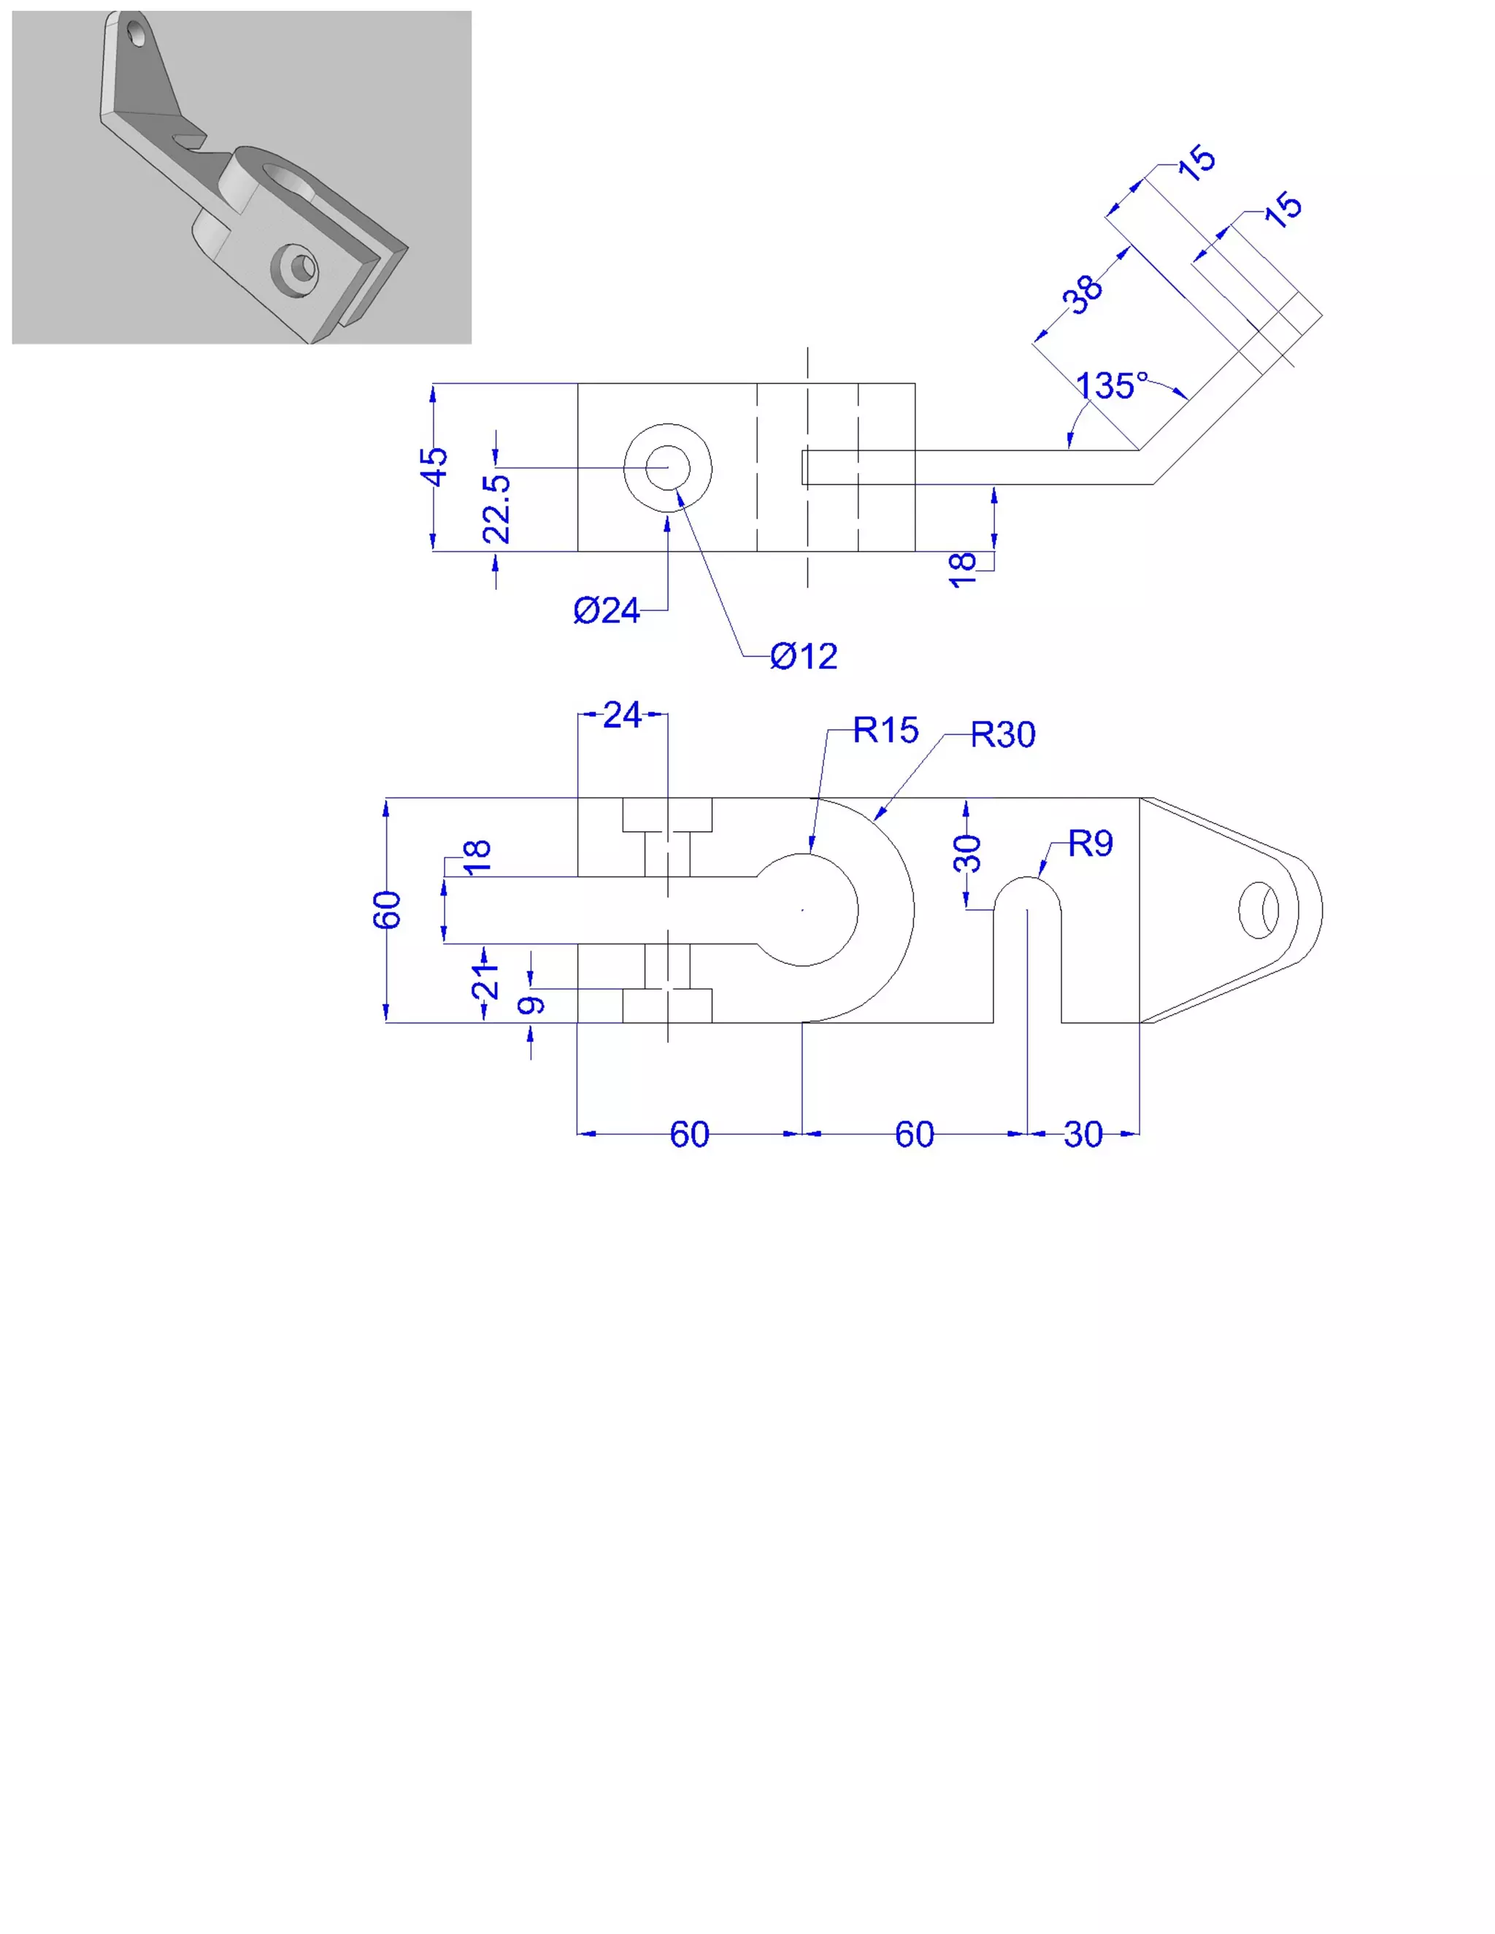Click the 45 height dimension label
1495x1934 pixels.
(435, 466)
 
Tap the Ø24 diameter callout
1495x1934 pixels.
(606, 610)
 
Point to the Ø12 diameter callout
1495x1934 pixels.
(803, 656)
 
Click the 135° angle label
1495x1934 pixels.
(1112, 386)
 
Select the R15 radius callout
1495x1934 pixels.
(885, 731)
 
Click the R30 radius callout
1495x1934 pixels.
(1002, 735)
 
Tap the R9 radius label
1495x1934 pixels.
(1091, 844)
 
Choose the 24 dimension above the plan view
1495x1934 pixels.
(622, 714)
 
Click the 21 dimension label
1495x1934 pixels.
(485, 981)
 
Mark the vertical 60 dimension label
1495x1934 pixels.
(387, 909)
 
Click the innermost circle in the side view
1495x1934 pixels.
(668, 468)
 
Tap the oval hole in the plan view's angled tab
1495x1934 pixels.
(1258, 909)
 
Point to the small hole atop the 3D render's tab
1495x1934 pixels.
(137, 34)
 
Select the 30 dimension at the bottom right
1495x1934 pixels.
(1083, 1134)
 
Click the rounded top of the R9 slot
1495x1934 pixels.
(1027, 883)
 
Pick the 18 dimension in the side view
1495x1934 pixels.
(962, 569)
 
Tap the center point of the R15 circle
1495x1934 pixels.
(802, 909)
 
